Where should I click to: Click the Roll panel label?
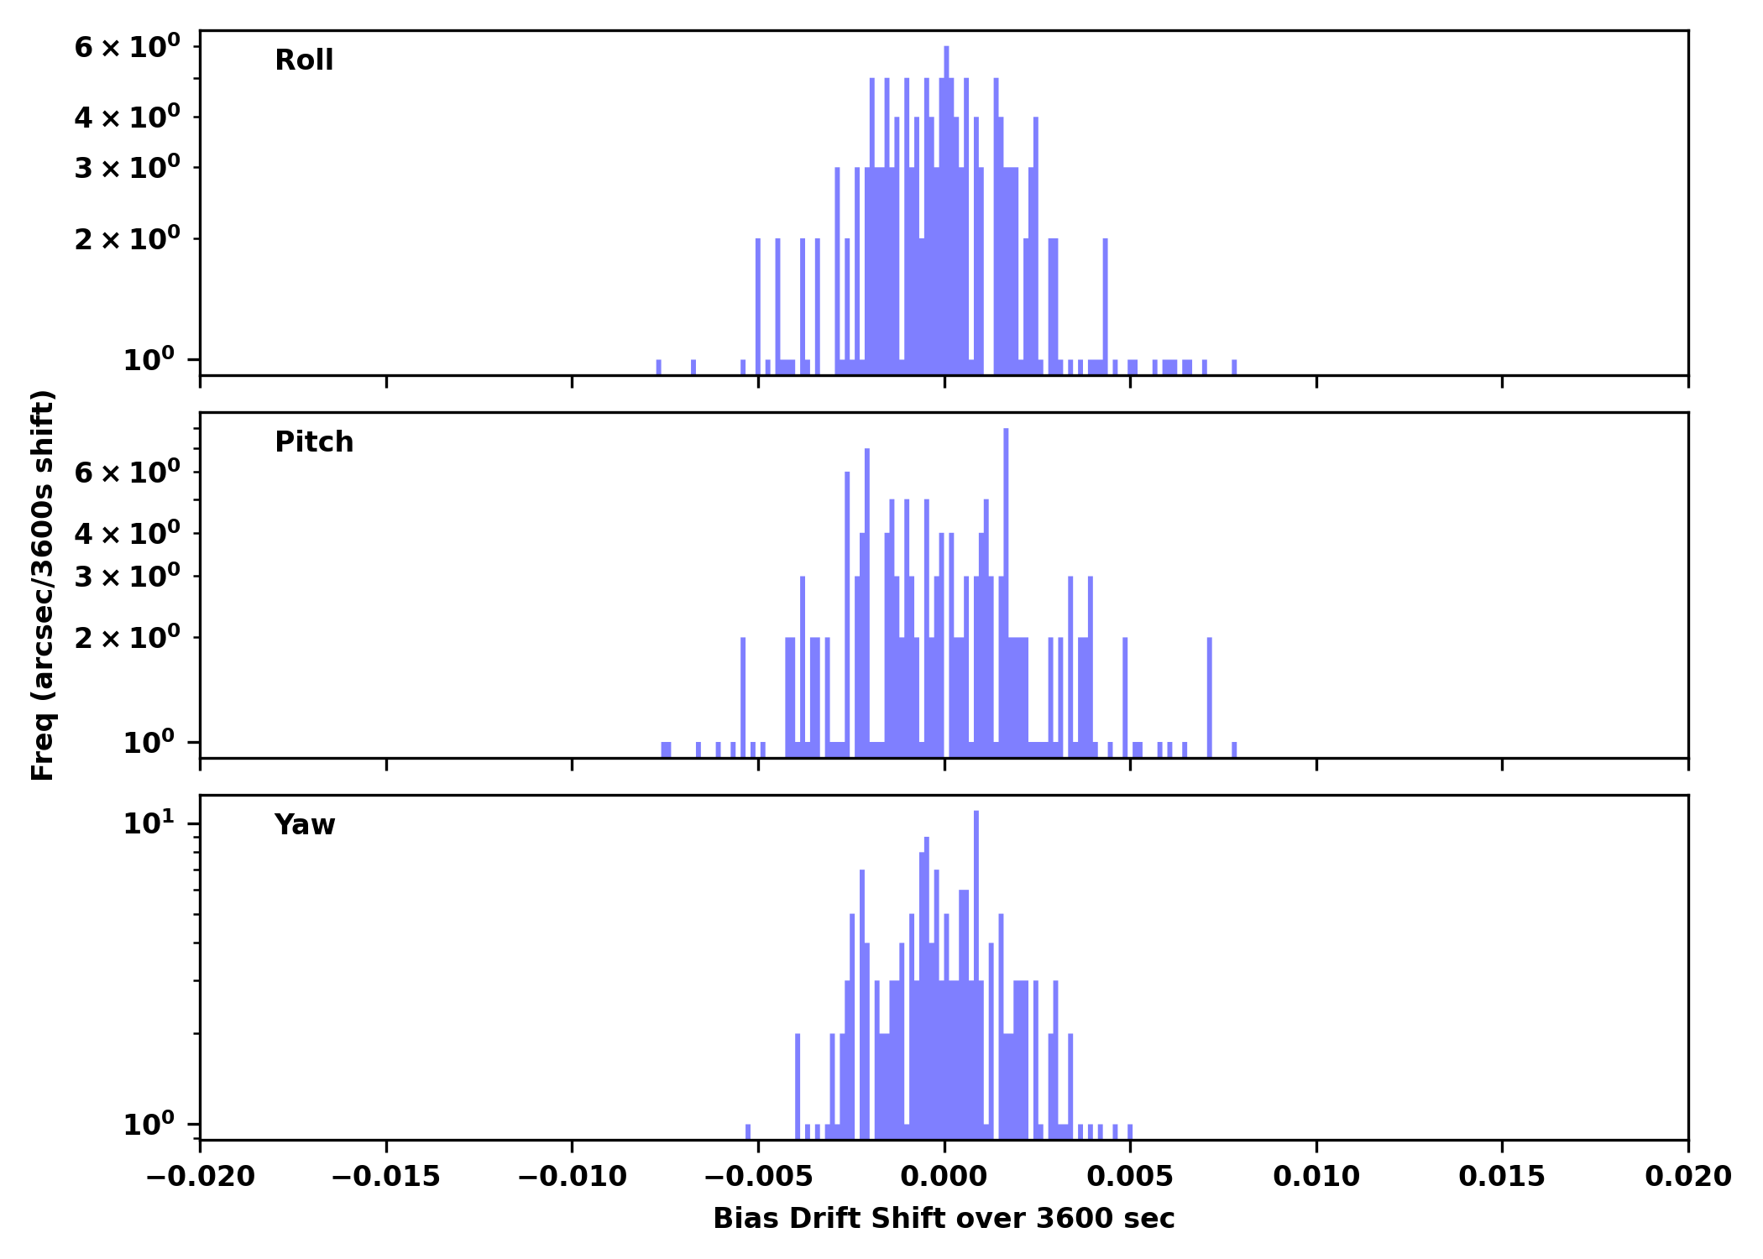click(x=304, y=60)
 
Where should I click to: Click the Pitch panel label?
click(x=314, y=442)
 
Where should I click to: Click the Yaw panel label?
click(x=305, y=825)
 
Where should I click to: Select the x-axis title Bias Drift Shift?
click(x=944, y=1219)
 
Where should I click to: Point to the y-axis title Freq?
click(x=43, y=585)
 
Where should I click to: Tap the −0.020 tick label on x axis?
click(x=200, y=1177)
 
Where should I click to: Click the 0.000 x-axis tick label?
click(x=944, y=1177)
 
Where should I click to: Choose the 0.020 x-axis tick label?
click(x=1687, y=1177)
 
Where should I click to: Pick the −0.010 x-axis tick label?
click(x=572, y=1177)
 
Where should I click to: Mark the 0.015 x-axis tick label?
click(x=1502, y=1177)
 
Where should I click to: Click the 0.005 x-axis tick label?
click(x=1130, y=1177)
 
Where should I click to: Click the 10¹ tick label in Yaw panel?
click(x=149, y=824)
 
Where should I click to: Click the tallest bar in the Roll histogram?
click(x=946, y=210)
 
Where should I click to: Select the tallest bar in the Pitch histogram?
click(x=1006, y=588)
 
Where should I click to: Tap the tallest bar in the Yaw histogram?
click(x=976, y=974)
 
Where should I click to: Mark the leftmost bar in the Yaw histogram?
click(x=748, y=1131)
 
